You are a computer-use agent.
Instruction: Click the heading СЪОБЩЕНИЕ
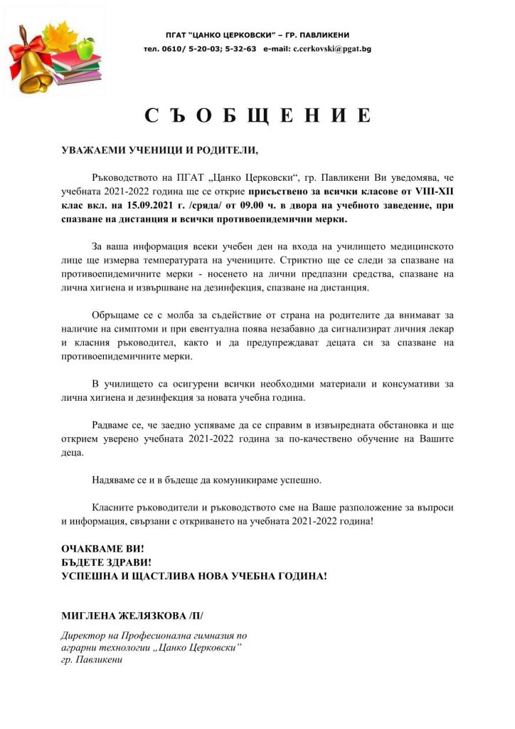tap(257, 116)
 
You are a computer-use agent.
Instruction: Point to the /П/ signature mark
tap(203, 614)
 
